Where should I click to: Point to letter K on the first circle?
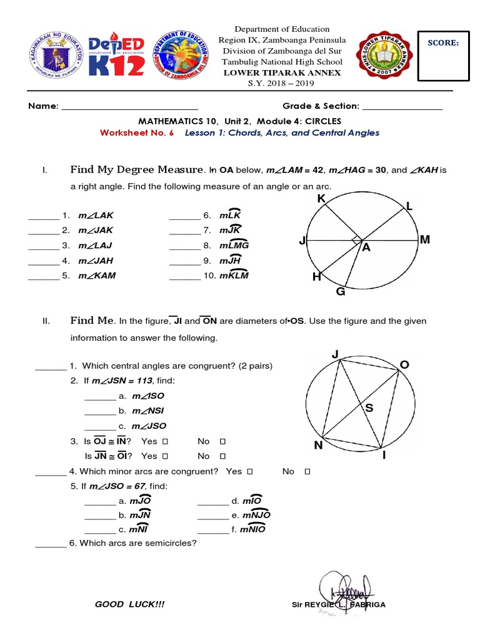[x=321, y=199]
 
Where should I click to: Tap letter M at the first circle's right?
[x=425, y=239]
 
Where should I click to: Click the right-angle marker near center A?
[x=356, y=240]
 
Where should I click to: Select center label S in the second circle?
[x=369, y=408]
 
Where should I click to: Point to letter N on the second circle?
[x=319, y=446]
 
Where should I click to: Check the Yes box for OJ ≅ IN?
[x=165, y=441]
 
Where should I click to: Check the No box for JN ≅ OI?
[x=222, y=456]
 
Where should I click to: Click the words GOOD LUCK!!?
[x=130, y=604]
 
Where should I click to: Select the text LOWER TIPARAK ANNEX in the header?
[x=282, y=72]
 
